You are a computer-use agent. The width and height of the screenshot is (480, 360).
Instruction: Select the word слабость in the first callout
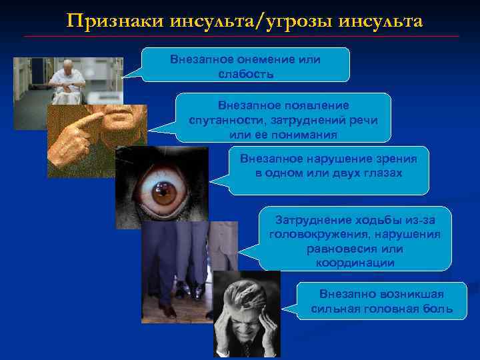(245, 73)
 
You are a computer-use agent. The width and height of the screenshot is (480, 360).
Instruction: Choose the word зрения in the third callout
(395, 159)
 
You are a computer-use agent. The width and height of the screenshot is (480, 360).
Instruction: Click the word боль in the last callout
(439, 309)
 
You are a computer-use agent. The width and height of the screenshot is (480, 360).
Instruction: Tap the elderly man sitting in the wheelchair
(68, 80)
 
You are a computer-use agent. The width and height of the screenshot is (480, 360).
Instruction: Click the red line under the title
(240, 36)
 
